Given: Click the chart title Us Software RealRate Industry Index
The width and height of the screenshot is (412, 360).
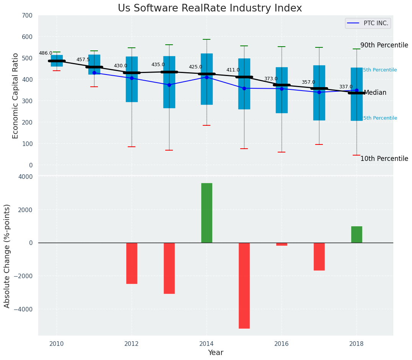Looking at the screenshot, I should pos(210,8).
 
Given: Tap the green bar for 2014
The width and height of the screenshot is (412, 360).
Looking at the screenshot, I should pos(207,213).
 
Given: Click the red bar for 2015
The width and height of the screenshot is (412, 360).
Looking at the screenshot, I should pos(244,285).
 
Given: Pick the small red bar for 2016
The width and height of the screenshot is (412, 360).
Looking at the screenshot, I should pos(282,244).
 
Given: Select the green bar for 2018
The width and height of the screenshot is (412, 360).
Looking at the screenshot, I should pos(357,234).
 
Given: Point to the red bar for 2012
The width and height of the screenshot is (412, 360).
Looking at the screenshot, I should pos(132,263).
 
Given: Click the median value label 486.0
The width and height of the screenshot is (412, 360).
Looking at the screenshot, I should pos(46,53).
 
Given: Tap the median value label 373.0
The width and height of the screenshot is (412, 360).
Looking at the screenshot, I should pos(271,79).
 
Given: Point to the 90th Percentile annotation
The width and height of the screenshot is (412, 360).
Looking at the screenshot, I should pos(384,45).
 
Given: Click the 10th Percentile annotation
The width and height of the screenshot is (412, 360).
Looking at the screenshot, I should pos(384,159).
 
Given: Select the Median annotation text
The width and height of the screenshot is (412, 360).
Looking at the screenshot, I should pos(375,92).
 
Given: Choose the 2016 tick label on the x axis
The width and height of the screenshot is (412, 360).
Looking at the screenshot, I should pos(282,343).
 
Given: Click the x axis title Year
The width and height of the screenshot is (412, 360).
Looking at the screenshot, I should pos(215,353).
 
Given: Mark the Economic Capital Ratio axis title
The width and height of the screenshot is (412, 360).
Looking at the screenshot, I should pos(16,96).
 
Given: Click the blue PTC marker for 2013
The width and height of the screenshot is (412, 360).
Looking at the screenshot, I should pos(169,85).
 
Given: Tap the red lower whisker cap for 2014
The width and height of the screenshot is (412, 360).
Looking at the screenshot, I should pos(207,125).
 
